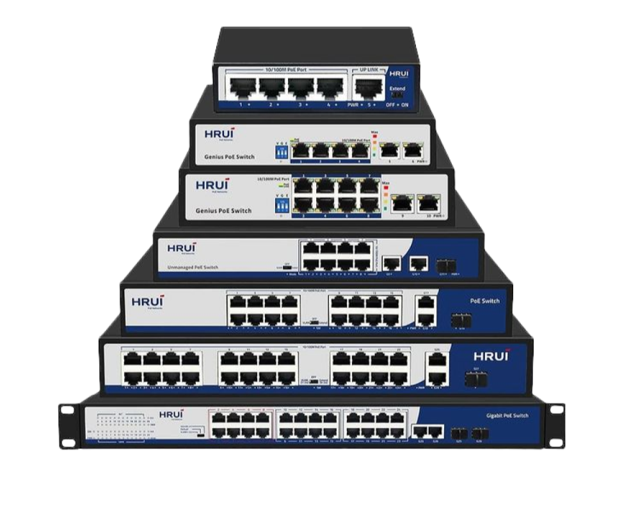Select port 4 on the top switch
331,88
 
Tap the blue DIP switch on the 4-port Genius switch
280,152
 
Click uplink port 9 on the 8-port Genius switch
401,204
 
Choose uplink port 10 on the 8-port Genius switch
426,204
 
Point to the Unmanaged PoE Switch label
192,267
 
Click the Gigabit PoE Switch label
507,416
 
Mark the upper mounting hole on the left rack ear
64,409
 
